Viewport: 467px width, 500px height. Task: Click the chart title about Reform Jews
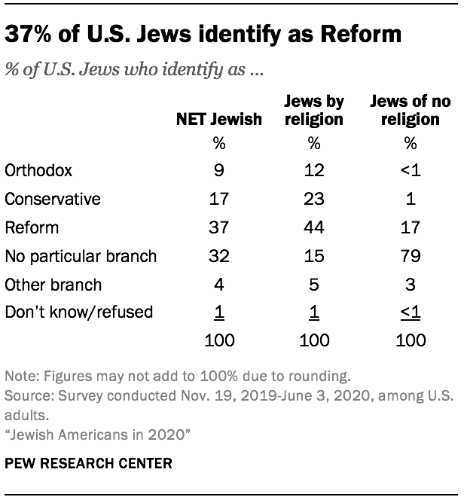click(203, 35)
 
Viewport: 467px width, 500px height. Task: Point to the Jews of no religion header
click(410, 111)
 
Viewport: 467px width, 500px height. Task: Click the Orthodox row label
click(38, 170)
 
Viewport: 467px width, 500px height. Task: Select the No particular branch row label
click(81, 256)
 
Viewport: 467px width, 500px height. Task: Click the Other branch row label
click(53, 285)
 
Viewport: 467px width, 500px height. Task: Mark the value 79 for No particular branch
click(410, 256)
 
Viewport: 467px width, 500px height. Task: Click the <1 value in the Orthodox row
click(410, 170)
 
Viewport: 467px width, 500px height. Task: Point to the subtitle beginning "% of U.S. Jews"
click(139, 72)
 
